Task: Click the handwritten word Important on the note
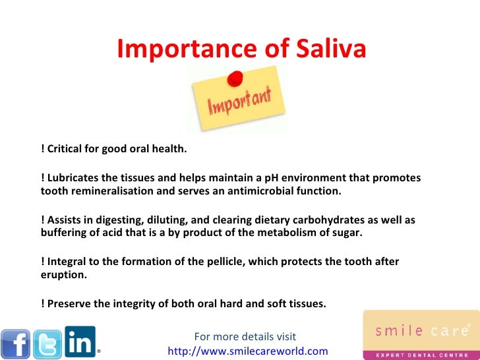(240, 104)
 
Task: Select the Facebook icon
(16, 344)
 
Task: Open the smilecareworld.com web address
(248, 351)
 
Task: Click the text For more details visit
(245, 337)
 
